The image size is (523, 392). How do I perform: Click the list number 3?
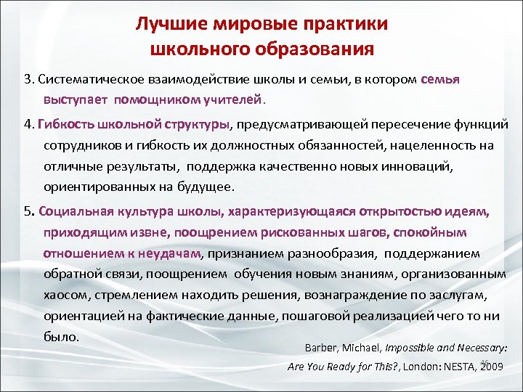pos(27,78)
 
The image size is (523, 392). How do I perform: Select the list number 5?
pos(27,212)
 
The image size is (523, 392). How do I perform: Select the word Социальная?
pos(73,212)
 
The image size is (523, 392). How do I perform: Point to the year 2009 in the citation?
pos(492,367)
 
